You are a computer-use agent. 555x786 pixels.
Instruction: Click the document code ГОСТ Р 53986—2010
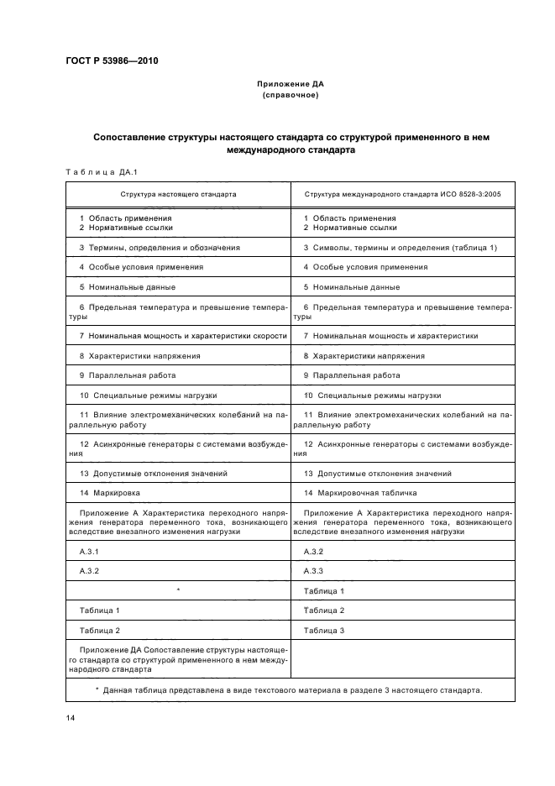pos(110,61)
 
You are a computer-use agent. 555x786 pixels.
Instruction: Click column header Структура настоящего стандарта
pos(178,194)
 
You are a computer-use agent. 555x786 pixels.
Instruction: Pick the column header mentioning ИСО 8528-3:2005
pos(402,194)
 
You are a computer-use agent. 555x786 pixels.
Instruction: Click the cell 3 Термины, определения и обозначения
pos(160,248)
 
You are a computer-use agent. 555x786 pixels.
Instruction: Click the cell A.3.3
pos(314,571)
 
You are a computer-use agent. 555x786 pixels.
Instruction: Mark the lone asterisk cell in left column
pos(178,591)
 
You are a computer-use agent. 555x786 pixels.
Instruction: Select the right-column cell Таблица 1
pos(324,591)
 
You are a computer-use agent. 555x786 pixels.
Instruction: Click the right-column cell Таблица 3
pos(324,630)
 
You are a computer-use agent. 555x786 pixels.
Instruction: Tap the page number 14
pos(70,720)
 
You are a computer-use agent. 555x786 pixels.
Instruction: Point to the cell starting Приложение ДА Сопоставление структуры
pos(178,660)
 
